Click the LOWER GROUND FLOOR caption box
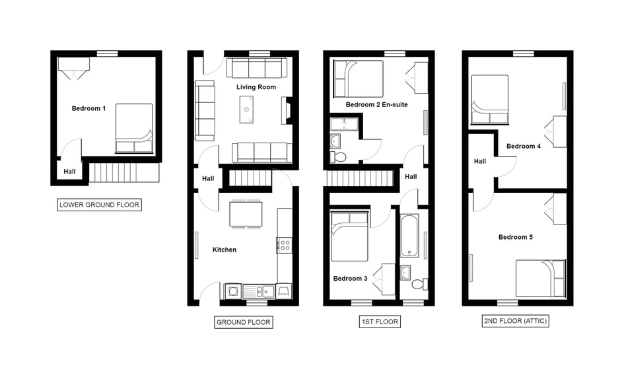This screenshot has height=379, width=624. (99, 205)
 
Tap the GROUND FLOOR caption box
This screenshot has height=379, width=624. (244, 322)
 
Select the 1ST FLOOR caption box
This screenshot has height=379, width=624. (380, 322)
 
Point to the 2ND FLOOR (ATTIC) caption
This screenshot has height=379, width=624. (515, 321)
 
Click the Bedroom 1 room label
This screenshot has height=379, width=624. (88, 108)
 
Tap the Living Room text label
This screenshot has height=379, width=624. (256, 87)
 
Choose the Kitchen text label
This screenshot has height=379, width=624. (225, 250)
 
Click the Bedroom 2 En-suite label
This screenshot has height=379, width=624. (376, 105)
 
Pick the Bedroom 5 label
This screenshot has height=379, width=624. (515, 237)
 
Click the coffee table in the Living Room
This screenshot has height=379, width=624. (246, 110)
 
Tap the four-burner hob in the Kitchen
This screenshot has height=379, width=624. (285, 245)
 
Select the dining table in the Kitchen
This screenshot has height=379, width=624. (246, 214)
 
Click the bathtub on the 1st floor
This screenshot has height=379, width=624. (409, 236)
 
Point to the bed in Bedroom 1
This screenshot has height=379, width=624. (134, 129)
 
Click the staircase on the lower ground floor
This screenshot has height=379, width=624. (123, 173)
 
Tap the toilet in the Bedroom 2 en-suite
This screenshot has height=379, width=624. (338, 156)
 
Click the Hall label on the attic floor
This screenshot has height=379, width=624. (480, 161)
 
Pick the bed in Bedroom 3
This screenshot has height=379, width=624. (349, 237)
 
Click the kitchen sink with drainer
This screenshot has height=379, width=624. (259, 292)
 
